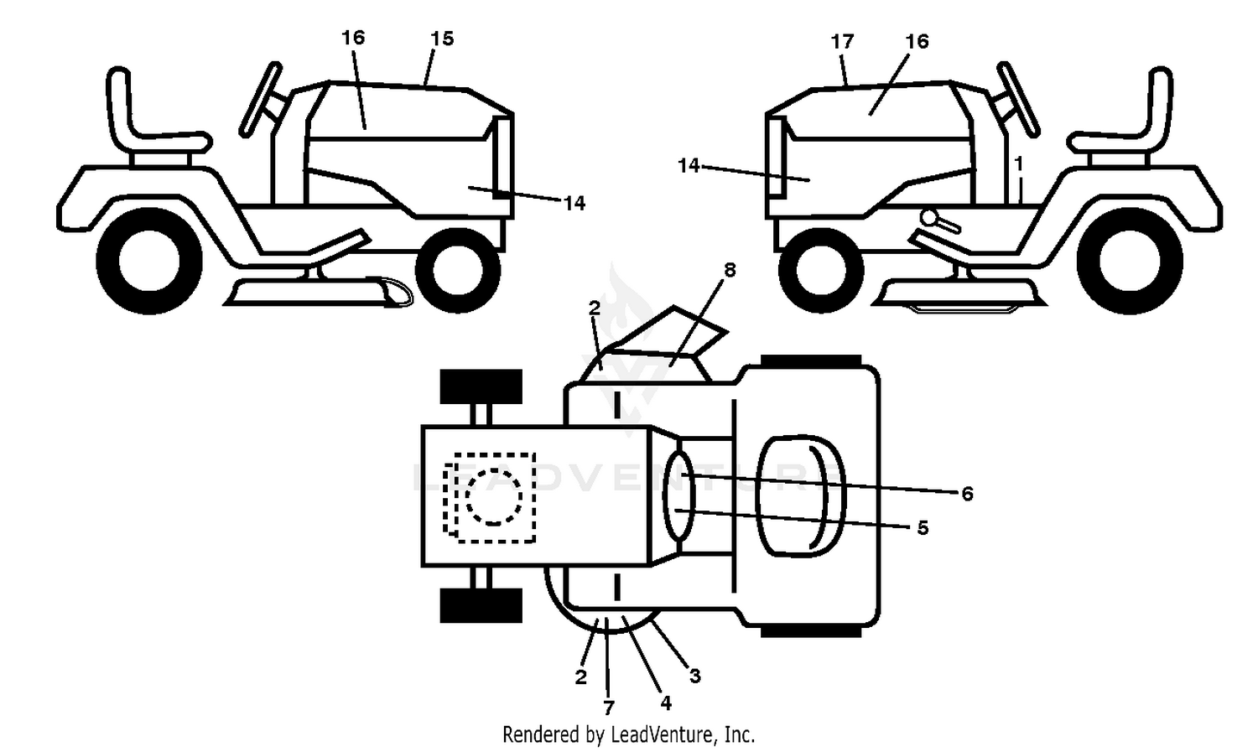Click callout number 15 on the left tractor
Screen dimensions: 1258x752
coord(442,39)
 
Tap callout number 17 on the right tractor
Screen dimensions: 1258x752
coord(842,41)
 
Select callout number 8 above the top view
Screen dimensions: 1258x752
coord(730,270)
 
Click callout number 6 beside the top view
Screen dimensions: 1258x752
coord(967,494)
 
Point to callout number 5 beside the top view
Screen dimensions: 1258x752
coord(923,528)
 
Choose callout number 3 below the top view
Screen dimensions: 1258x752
coord(695,677)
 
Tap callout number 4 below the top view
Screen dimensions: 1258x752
coord(666,703)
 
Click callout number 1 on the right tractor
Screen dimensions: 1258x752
coord(1019,163)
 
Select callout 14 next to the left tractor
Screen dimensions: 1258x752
coord(574,203)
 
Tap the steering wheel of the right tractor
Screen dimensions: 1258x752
coord(1018,99)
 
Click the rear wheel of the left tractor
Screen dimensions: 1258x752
coord(149,261)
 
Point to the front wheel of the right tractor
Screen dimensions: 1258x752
coord(821,271)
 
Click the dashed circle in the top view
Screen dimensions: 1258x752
coord(494,497)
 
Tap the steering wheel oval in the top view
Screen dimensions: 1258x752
coord(678,495)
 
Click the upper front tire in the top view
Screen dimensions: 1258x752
coord(481,386)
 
